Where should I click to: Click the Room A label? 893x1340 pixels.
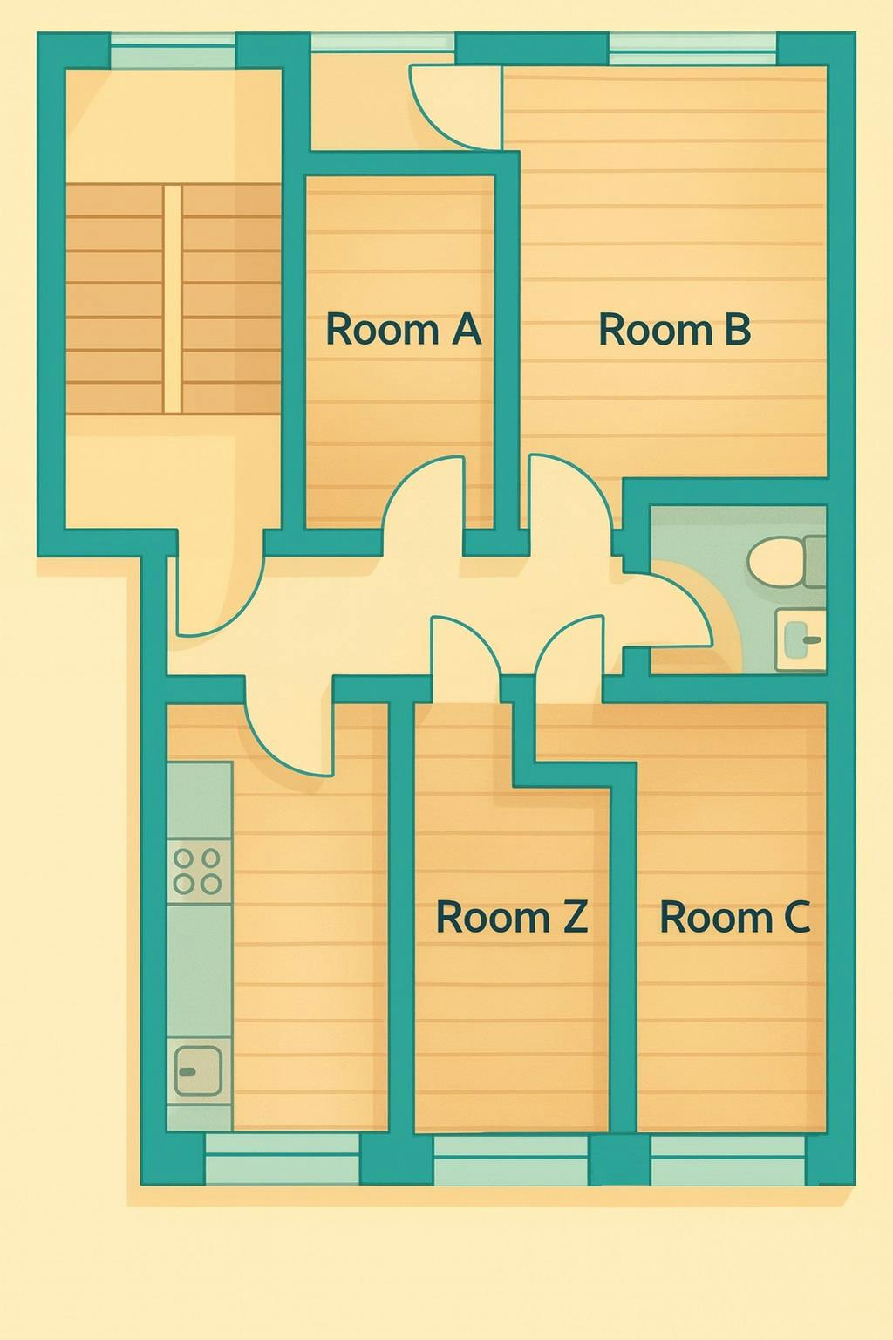[403, 330]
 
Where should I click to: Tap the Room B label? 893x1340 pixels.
[674, 330]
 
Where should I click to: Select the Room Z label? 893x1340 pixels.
[511, 917]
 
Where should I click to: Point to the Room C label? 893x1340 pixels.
[734, 917]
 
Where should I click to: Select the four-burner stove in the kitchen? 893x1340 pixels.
[198, 871]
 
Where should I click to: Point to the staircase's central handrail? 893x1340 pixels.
[173, 297]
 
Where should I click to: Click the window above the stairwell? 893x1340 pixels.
[173, 51]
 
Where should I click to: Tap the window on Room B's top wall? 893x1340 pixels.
[692, 48]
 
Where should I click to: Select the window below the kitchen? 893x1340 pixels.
[283, 1157]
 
